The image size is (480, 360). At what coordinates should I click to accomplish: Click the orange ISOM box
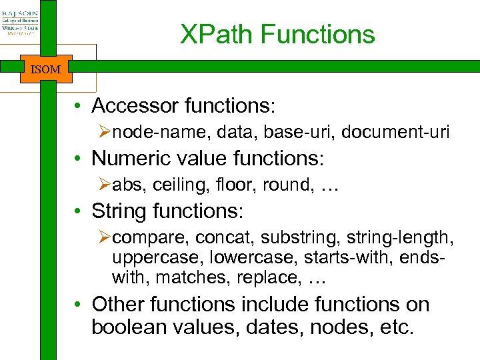[x=46, y=69]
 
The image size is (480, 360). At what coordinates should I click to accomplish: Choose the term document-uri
[x=395, y=133]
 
